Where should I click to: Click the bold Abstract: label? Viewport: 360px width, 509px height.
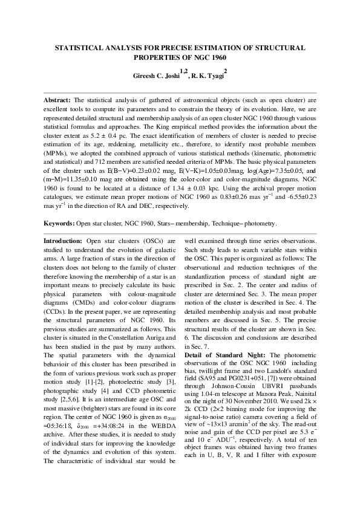pos(58,99)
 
